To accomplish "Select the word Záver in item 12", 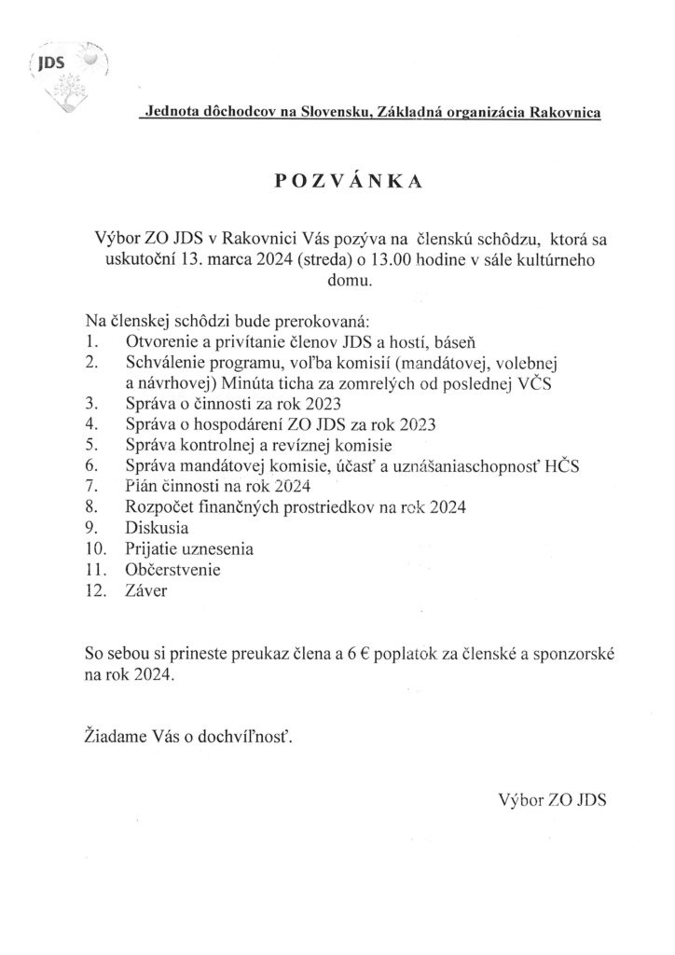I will (x=144, y=589).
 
